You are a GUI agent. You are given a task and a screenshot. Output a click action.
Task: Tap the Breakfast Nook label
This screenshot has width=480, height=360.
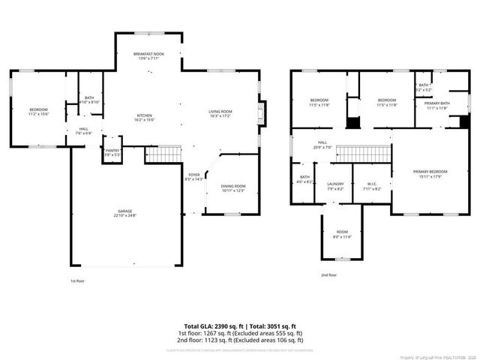click(x=149, y=54)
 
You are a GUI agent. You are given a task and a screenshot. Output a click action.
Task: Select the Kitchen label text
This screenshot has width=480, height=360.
click(x=144, y=115)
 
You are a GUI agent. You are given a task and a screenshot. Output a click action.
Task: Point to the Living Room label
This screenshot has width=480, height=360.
click(x=220, y=112)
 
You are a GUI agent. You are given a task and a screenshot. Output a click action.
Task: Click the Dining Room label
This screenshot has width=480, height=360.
click(x=232, y=186)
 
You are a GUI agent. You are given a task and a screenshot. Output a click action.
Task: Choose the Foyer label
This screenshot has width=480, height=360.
click(x=193, y=174)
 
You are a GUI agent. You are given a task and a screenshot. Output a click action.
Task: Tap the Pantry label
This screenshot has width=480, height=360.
click(x=112, y=151)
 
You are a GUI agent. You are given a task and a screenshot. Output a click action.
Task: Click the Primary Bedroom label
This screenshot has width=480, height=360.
click(x=430, y=172)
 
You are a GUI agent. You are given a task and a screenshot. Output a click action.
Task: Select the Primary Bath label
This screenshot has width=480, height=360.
click(x=436, y=103)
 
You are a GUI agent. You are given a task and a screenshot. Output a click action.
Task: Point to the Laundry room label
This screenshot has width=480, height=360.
click(x=335, y=184)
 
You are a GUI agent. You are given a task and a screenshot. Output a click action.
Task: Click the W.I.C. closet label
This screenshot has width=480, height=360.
click(x=372, y=184)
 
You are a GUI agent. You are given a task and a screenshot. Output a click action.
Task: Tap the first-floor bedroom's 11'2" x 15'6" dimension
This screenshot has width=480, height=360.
click(x=38, y=113)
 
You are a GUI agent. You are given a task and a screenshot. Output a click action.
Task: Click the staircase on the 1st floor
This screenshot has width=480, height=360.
click(x=163, y=154)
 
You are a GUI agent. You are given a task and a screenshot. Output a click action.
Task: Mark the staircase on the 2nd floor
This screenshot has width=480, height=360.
click(x=363, y=154)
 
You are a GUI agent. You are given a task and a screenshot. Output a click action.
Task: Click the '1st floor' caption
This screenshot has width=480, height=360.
click(x=76, y=280)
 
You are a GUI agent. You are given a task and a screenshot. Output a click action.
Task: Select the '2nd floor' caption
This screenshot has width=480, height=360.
click(x=328, y=275)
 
